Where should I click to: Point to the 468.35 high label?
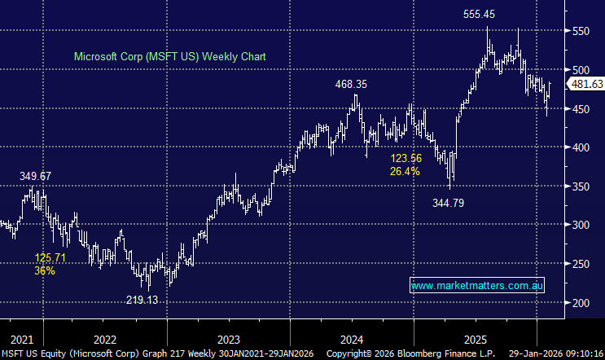352,84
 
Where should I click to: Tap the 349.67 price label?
37,176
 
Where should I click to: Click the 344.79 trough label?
449,203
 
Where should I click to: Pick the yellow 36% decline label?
45,270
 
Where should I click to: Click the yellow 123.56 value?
406,159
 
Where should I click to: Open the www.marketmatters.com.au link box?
477,286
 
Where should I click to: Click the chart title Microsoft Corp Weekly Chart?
170,57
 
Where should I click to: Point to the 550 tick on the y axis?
578,31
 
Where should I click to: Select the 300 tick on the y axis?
578,225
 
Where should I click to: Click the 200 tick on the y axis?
578,303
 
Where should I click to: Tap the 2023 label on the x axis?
229,338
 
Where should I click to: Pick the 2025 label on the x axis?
476,338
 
